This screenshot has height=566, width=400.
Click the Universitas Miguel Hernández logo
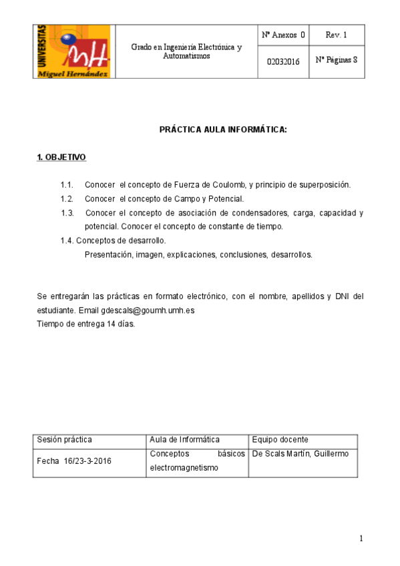click(74, 51)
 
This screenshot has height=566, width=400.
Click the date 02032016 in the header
click(283, 61)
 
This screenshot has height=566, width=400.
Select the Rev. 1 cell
click(336, 35)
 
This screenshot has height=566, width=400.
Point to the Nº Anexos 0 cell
click(283, 35)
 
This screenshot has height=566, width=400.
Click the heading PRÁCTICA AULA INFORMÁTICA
click(223, 129)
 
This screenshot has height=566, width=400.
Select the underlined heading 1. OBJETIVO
click(61, 158)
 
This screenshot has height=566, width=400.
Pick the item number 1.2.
click(66, 199)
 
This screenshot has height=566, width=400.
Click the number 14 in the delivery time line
click(111, 324)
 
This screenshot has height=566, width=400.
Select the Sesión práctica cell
click(64, 440)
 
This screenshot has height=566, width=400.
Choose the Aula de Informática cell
click(185, 440)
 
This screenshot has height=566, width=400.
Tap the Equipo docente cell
click(280, 440)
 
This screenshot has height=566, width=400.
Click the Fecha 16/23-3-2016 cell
click(74, 461)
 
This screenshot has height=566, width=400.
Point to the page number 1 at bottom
click(361, 539)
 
